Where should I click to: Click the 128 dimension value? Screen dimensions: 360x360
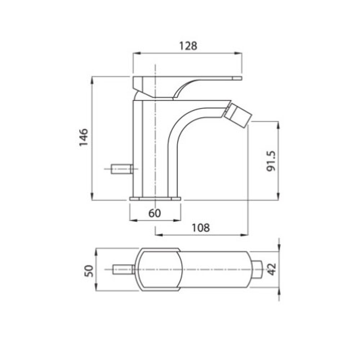(188, 46)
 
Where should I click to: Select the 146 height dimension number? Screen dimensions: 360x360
(84, 137)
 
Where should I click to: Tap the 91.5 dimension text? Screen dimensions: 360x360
(271, 161)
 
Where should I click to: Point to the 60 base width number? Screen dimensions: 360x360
(154, 213)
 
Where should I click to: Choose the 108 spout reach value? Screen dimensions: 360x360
(201, 228)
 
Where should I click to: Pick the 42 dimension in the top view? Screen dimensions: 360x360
(271, 269)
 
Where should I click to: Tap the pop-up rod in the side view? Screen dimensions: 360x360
(121, 169)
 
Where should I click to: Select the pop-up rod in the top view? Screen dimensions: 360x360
(123, 269)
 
